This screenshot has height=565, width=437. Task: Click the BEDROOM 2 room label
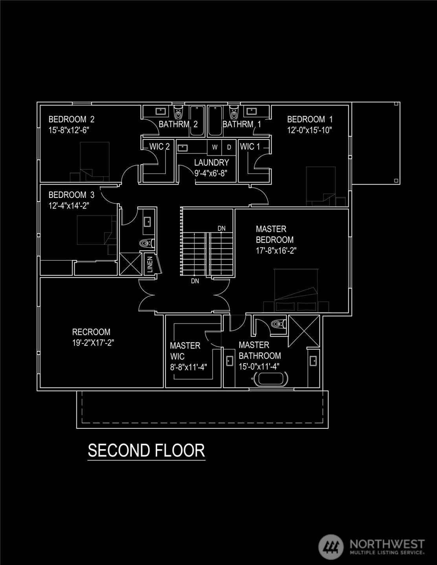72,119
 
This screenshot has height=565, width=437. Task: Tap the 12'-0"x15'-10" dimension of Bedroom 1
310,130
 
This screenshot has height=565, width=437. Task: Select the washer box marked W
215,147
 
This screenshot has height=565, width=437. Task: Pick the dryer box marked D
229,147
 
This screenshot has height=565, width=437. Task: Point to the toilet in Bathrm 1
234,112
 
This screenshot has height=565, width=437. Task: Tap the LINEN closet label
150,264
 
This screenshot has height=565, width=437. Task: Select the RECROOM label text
91,332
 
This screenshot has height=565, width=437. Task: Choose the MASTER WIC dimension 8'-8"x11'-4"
189,367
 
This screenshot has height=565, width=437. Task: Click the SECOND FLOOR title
147,450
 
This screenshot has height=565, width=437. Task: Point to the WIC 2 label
160,146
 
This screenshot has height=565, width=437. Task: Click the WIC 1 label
250,146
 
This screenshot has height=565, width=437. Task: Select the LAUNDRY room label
211,163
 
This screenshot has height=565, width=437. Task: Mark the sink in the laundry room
183,148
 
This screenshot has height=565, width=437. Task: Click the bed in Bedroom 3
97,230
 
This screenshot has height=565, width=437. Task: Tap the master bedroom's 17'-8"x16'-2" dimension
276,251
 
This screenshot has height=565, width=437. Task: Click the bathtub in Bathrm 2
197,121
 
